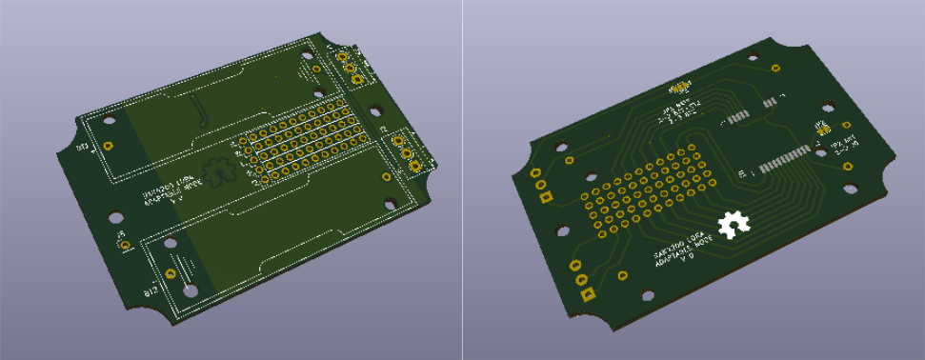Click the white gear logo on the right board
734,225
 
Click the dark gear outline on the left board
221,170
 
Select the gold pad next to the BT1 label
109,146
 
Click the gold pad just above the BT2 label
171,274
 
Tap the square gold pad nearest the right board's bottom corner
588,294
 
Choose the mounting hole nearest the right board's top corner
776,70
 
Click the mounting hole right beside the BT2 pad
191,289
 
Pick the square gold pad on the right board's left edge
546,198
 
